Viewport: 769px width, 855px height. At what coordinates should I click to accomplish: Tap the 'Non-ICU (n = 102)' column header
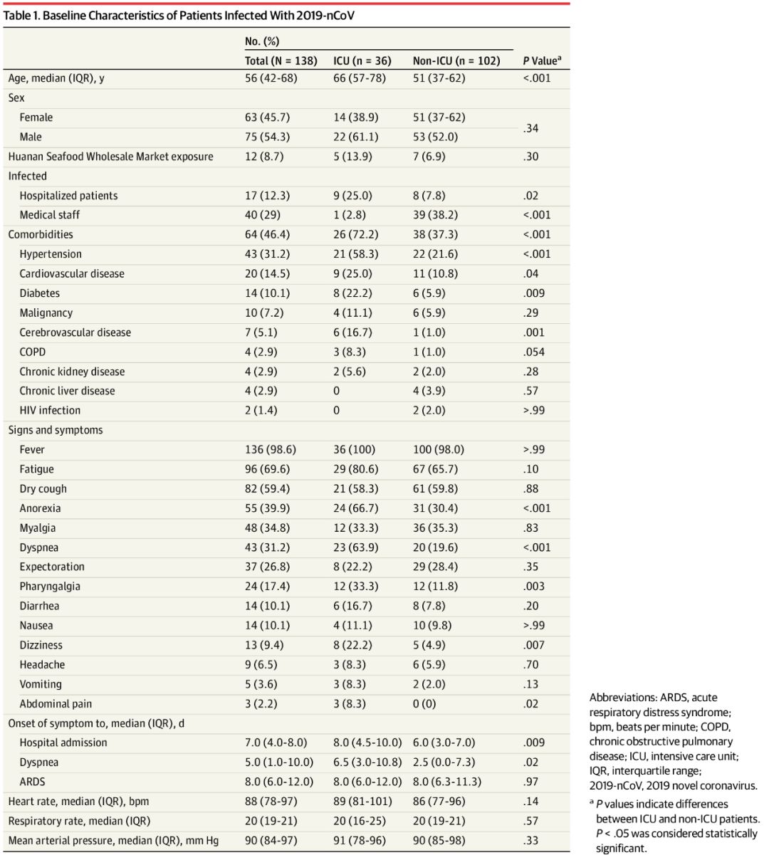(x=456, y=61)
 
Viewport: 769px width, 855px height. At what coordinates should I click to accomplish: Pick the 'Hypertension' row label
(x=51, y=254)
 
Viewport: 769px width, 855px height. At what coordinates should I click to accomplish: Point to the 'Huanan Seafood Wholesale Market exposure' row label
(x=110, y=157)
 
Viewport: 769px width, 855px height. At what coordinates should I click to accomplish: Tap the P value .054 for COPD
(x=534, y=352)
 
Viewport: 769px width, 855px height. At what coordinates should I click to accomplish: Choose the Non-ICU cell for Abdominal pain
(x=425, y=704)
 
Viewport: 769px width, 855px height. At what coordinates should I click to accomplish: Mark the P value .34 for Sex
(x=530, y=128)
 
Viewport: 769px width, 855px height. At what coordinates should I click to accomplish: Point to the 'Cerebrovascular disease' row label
(x=75, y=332)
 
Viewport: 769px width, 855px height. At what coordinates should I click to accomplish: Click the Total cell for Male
(x=268, y=137)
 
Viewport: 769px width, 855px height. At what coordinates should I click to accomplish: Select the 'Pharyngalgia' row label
(x=50, y=587)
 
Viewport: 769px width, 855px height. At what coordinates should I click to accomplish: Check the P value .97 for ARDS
(x=530, y=782)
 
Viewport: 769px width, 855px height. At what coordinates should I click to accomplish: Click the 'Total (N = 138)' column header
(x=281, y=61)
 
